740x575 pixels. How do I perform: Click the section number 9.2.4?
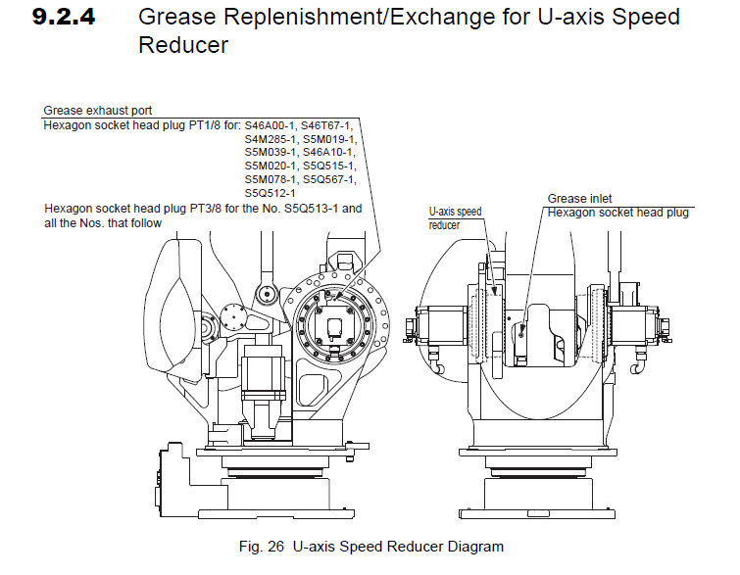(x=64, y=18)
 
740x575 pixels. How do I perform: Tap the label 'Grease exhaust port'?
(x=98, y=110)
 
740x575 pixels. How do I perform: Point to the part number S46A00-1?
(x=271, y=125)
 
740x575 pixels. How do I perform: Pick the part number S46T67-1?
(x=327, y=125)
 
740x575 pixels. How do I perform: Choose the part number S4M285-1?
(x=271, y=139)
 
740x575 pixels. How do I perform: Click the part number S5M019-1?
(x=328, y=139)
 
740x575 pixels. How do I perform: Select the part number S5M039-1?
(x=271, y=152)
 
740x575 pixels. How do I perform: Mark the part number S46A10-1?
(x=328, y=152)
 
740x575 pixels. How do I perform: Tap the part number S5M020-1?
(x=271, y=166)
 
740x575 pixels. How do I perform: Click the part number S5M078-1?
(x=271, y=179)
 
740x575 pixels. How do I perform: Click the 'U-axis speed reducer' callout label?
(x=456, y=217)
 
